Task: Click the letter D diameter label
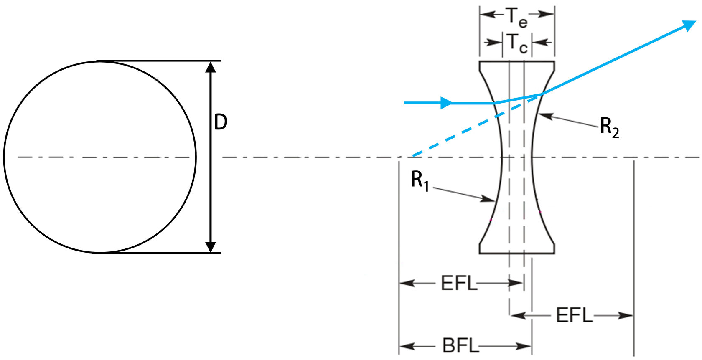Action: (x=221, y=122)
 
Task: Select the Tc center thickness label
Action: (x=517, y=43)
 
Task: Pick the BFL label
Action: (x=460, y=346)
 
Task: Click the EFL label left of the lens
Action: (x=459, y=283)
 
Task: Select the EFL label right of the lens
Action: (x=574, y=315)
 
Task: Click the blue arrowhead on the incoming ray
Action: (x=446, y=103)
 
